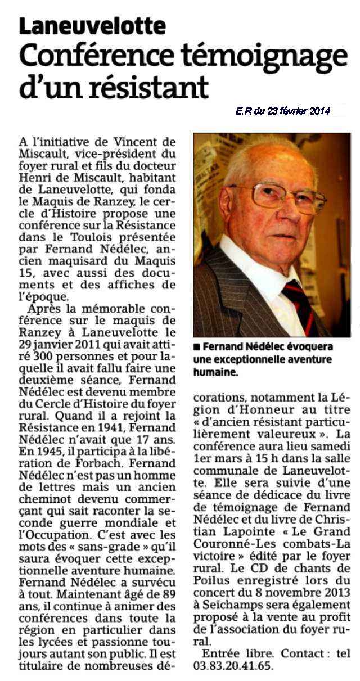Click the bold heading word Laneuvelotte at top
point(92,26)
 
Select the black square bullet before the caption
point(196,346)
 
